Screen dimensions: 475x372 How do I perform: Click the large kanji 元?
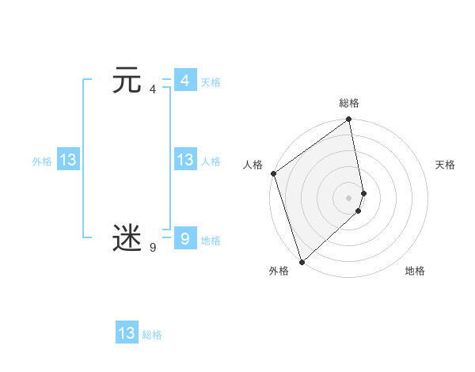click(x=127, y=82)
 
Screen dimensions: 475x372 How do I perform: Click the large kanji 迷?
click(x=127, y=238)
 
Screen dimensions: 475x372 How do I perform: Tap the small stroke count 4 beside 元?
click(x=153, y=89)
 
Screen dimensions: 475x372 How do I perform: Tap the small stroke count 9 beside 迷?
click(x=153, y=248)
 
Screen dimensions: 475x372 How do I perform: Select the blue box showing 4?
click(x=184, y=81)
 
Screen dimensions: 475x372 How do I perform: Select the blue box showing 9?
click(x=184, y=238)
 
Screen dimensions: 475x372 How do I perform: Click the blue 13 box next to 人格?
click(x=184, y=160)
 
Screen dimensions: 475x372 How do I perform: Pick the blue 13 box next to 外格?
click(x=68, y=160)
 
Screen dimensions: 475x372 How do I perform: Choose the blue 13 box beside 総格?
click(x=127, y=333)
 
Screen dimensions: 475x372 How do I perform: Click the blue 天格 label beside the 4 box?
click(x=211, y=82)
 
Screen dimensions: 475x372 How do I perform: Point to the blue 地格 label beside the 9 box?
click(x=211, y=241)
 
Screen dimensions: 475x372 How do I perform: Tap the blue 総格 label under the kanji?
click(x=152, y=335)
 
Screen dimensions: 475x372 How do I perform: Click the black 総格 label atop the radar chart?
click(x=349, y=103)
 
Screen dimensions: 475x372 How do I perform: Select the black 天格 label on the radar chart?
click(x=446, y=165)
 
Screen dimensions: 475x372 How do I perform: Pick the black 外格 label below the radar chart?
click(x=279, y=271)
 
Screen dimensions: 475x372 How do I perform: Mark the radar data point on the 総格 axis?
click(x=349, y=120)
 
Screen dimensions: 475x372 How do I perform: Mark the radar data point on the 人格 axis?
click(x=273, y=173)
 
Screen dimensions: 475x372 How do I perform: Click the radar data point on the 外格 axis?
click(x=302, y=261)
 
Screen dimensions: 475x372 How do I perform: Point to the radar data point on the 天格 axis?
click(x=363, y=192)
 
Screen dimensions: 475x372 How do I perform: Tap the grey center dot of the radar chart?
click(x=349, y=197)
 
